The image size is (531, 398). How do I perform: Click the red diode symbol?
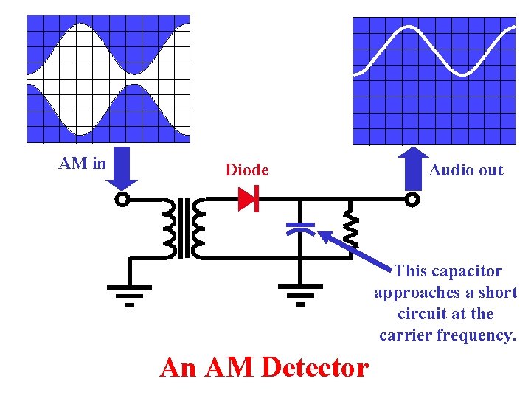point(248,199)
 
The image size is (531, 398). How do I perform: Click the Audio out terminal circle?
point(412,200)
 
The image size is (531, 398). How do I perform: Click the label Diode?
point(247,170)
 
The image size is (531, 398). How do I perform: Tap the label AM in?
point(82,164)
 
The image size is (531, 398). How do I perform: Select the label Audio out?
point(466,170)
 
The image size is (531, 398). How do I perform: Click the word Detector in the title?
point(315,367)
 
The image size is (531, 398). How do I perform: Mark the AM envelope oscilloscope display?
point(108,78)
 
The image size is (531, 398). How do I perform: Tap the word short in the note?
point(497,293)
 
